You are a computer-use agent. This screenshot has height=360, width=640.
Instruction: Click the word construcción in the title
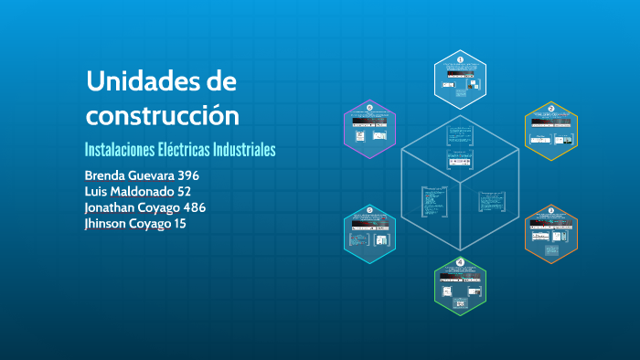[x=163, y=116]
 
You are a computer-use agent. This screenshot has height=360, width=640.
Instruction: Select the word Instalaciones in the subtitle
[x=123, y=149]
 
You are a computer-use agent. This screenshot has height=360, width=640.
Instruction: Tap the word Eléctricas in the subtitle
[x=195, y=149]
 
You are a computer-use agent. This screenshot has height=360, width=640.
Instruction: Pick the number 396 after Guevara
[x=187, y=175]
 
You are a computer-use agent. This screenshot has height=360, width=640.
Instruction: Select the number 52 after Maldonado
[x=184, y=191]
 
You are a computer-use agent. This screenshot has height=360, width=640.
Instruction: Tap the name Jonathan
[x=114, y=207]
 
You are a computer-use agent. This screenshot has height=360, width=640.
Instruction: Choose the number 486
[x=193, y=207]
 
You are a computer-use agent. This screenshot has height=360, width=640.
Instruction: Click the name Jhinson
[x=107, y=224]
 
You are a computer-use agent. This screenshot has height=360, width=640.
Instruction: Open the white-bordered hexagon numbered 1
[x=460, y=78]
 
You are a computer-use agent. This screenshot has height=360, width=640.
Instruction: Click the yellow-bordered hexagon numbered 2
[x=550, y=130]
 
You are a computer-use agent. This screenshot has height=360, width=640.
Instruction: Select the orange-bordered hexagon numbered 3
[x=550, y=233]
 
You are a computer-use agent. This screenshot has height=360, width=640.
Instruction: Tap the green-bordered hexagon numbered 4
[x=460, y=285]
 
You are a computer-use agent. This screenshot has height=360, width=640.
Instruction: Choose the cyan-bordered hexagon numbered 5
[x=370, y=233]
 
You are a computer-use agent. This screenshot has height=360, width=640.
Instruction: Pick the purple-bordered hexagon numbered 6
[x=370, y=130]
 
